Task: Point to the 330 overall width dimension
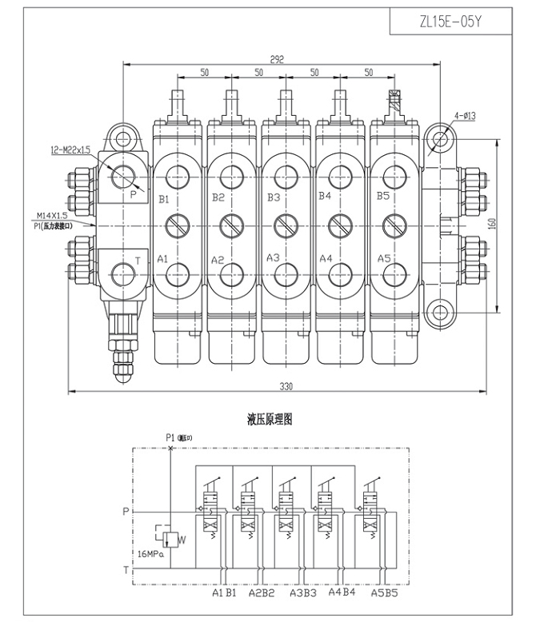286,386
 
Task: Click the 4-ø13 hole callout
466,116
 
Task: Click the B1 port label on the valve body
164,197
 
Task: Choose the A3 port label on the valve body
273,258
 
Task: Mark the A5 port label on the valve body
382,258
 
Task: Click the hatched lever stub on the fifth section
394,102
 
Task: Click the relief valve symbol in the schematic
167,537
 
